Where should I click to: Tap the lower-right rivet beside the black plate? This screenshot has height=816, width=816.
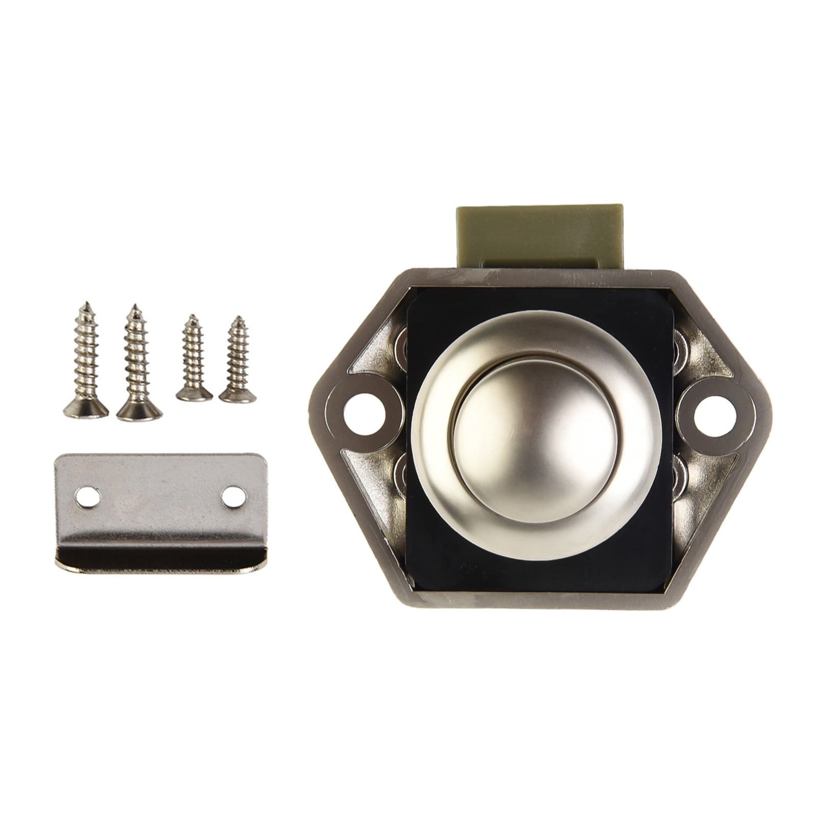(680, 474)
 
